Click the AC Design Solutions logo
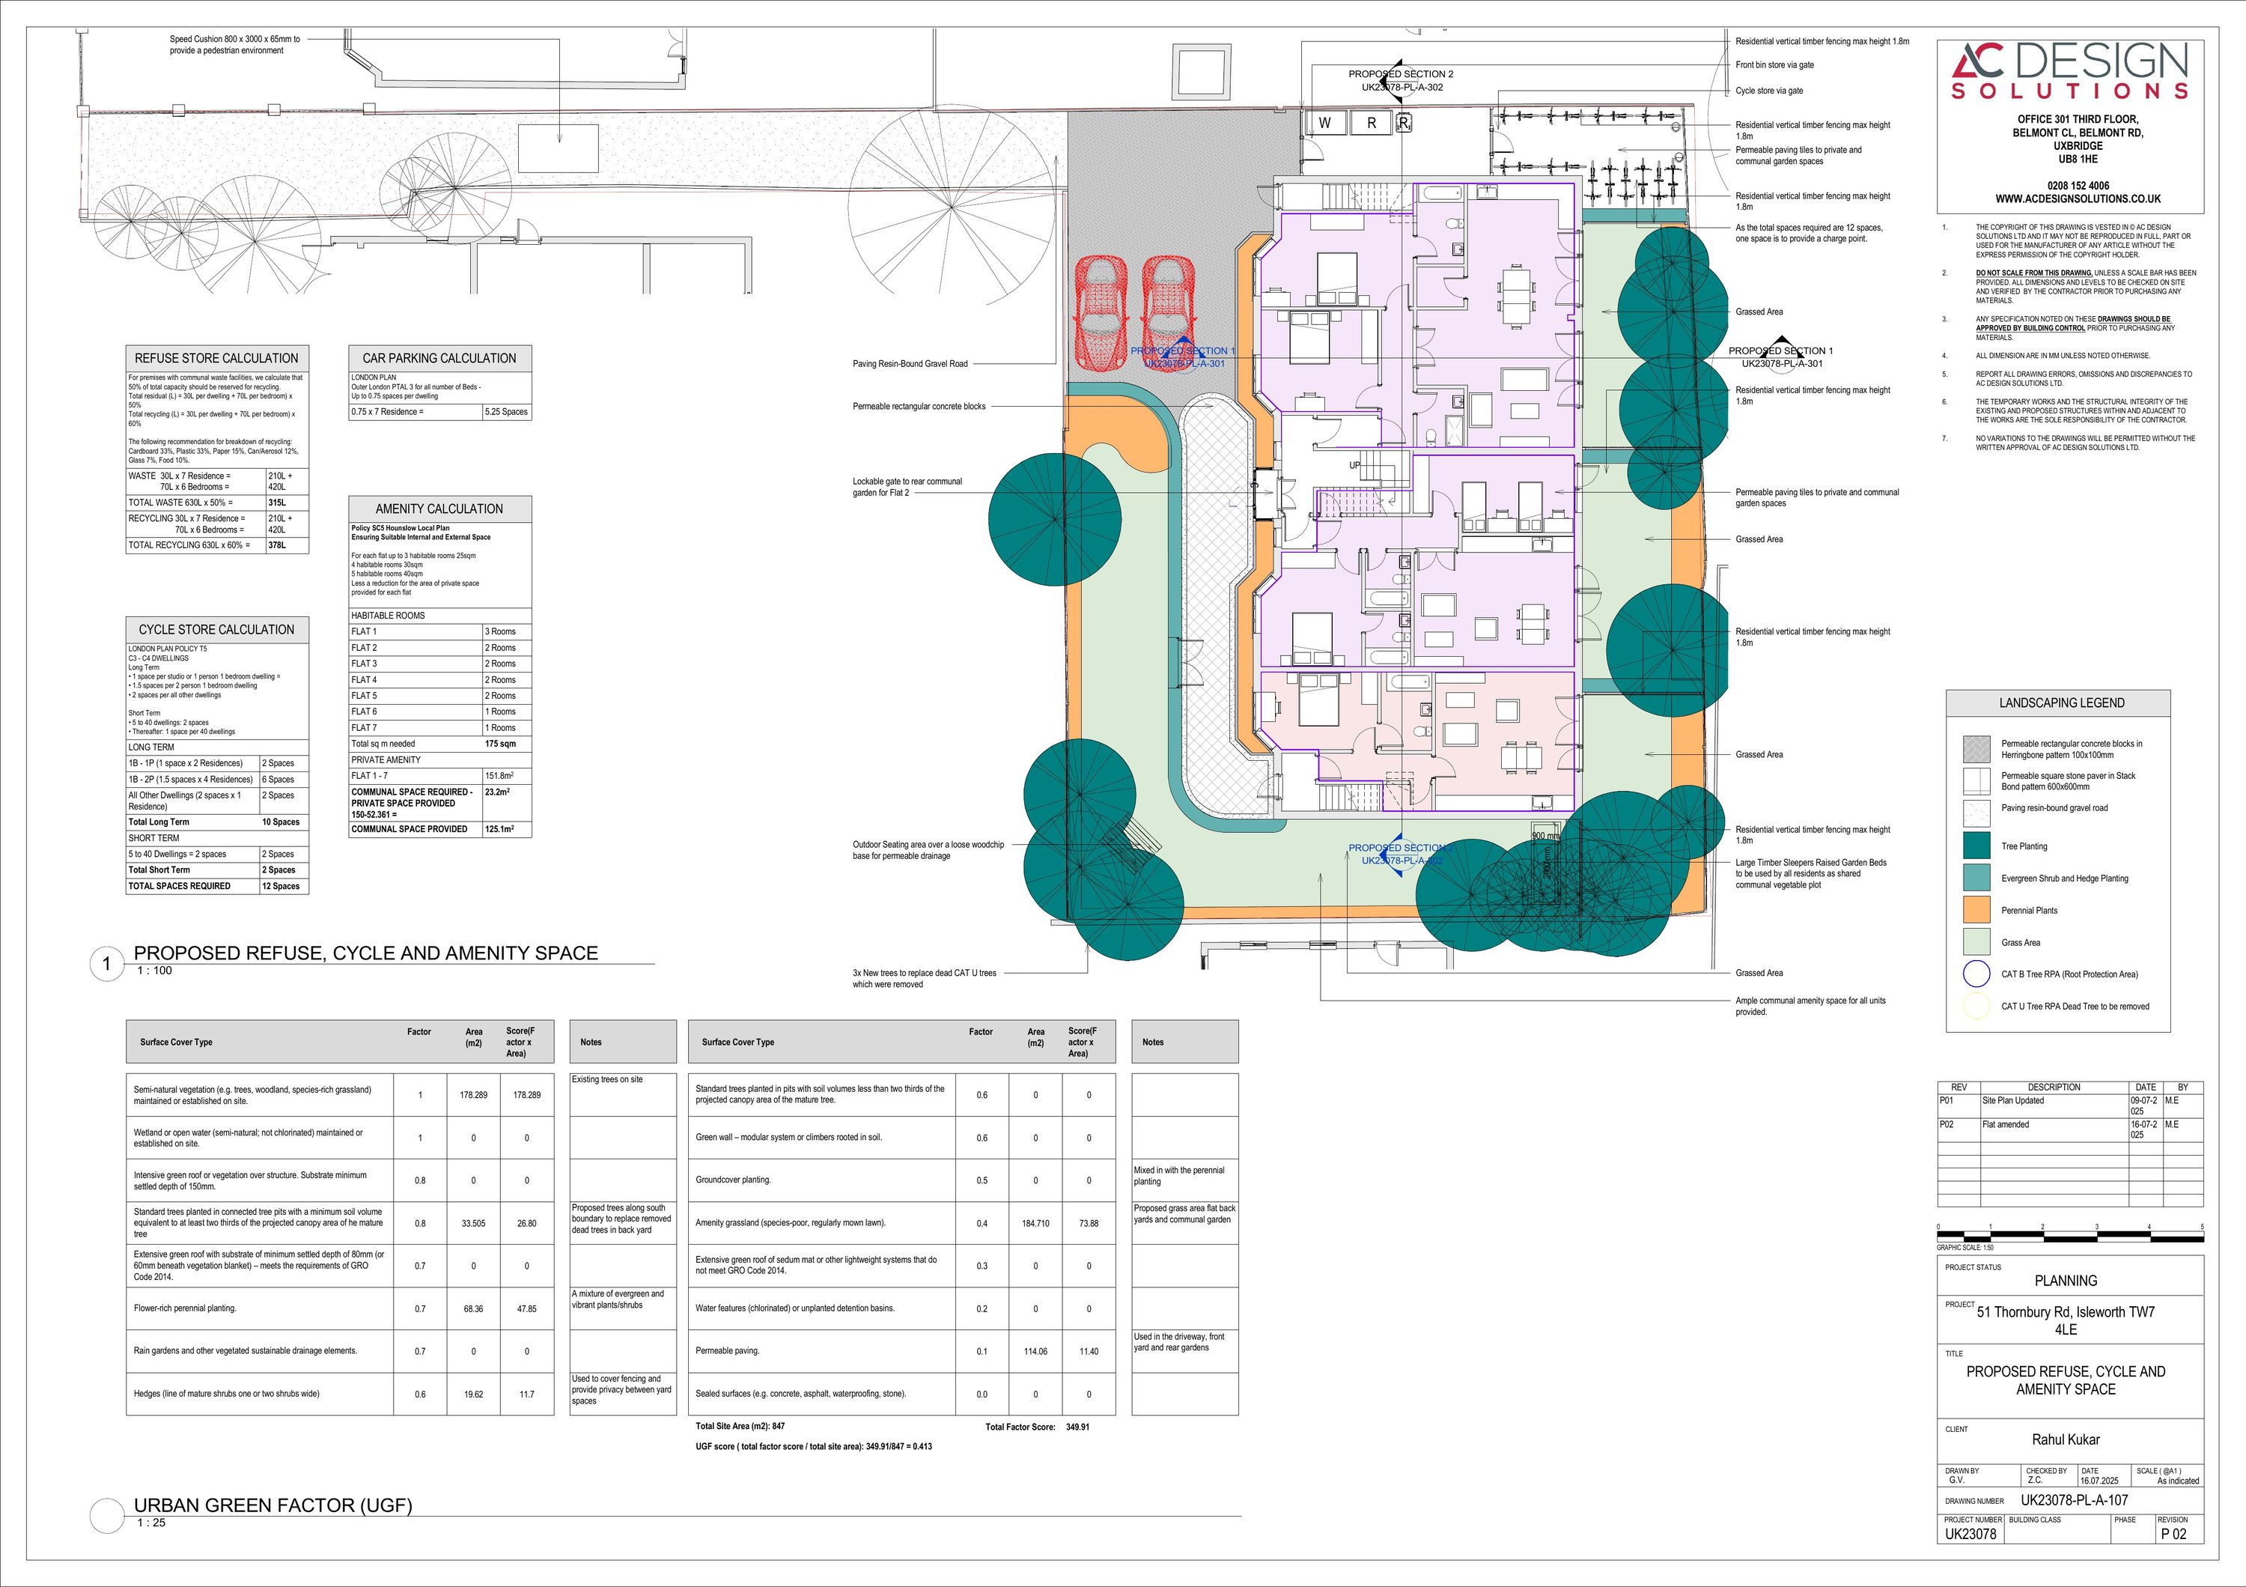pos(2069,70)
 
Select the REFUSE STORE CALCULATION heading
pos(216,358)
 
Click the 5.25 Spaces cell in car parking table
pos(506,412)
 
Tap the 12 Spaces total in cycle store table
pos(280,887)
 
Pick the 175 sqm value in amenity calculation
pos(500,744)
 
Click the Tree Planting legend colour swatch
pos(1976,846)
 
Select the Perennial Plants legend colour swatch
pos(1976,910)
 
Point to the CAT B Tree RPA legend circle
pos(1976,974)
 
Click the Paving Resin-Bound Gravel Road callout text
pos(910,364)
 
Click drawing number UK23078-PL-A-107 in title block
pos(2074,1500)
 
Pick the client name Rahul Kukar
pos(2065,1439)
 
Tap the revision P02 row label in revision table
pos(1946,1124)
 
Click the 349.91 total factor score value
pos(1077,1427)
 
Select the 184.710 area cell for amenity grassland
pos(1035,1223)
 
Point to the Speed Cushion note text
pos(235,45)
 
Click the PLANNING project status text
pos(2065,1281)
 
